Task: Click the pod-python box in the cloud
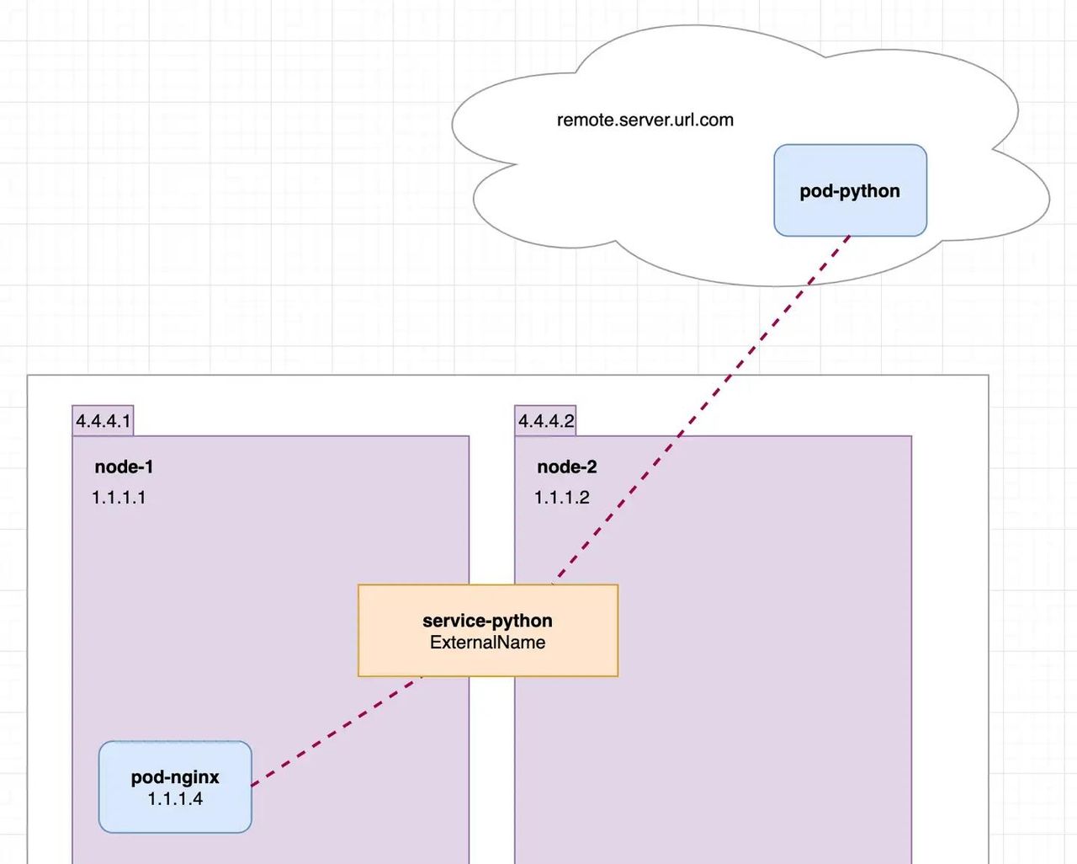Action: [x=850, y=211]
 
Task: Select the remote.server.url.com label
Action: [x=645, y=120]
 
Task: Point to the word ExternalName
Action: [x=487, y=643]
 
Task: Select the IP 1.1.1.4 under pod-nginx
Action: [x=175, y=799]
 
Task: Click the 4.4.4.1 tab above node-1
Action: [x=103, y=421]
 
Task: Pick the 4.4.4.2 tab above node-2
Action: [x=545, y=421]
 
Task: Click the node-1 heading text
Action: [x=124, y=467]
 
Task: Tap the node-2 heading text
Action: [x=566, y=467]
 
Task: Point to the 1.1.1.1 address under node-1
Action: [x=119, y=498]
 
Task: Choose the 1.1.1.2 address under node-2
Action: [x=561, y=498]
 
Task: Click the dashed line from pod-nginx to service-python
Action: [x=337, y=731]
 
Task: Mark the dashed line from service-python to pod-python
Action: [x=698, y=413]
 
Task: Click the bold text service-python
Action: [x=487, y=621]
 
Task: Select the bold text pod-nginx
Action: [x=175, y=777]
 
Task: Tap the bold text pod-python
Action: [x=850, y=191]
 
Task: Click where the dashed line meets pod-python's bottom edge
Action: [x=848, y=237]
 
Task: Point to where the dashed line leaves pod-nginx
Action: [x=252, y=785]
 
